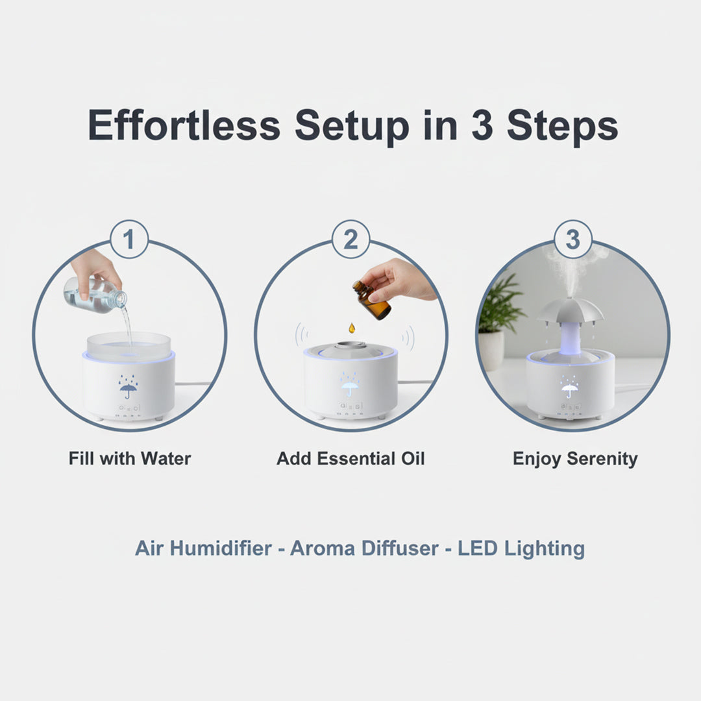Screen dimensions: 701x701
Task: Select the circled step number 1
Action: point(129,240)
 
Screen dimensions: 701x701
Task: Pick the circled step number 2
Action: point(350,240)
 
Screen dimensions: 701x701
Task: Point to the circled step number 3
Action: point(572,240)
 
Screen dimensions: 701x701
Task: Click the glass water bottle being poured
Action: point(94,295)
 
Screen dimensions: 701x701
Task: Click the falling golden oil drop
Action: point(351,328)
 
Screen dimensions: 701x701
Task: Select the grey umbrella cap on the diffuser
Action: point(571,311)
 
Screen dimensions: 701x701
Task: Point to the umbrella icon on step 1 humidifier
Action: point(129,387)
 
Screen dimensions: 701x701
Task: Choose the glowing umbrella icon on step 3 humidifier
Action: point(571,389)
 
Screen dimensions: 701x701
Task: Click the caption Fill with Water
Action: point(130,459)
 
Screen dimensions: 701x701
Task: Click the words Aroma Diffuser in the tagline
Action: point(365,548)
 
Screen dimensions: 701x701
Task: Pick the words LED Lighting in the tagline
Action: point(521,548)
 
